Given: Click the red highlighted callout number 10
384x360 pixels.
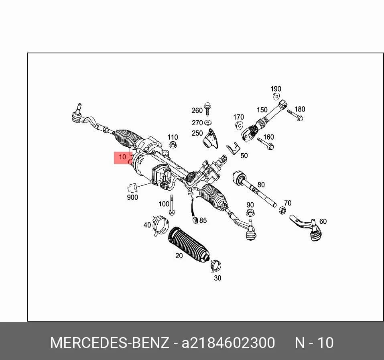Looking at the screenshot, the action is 122,157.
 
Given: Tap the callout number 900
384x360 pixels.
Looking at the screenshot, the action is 132,197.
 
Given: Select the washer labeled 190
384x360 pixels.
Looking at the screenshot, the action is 276,96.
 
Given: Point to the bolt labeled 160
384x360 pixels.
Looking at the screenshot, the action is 266,144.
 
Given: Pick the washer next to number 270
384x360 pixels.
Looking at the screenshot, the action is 208,122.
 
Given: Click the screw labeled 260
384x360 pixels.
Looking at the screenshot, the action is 207,109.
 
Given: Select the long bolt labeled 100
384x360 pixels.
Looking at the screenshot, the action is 172,205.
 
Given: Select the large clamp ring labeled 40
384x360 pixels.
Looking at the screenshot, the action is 161,225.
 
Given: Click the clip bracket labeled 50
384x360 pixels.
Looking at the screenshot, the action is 233,148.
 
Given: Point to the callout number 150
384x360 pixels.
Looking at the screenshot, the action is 262,110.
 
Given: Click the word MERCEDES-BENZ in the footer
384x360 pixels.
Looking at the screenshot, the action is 110,342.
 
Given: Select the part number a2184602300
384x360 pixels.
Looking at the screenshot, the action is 228,343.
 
